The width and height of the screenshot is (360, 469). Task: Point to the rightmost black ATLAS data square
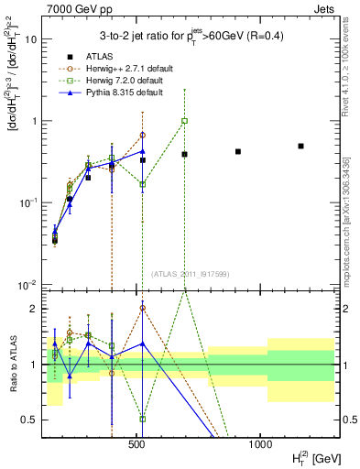coord(300,146)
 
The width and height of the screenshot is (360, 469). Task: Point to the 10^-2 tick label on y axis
coord(28,283)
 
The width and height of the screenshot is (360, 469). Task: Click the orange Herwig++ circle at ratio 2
coord(142,308)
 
